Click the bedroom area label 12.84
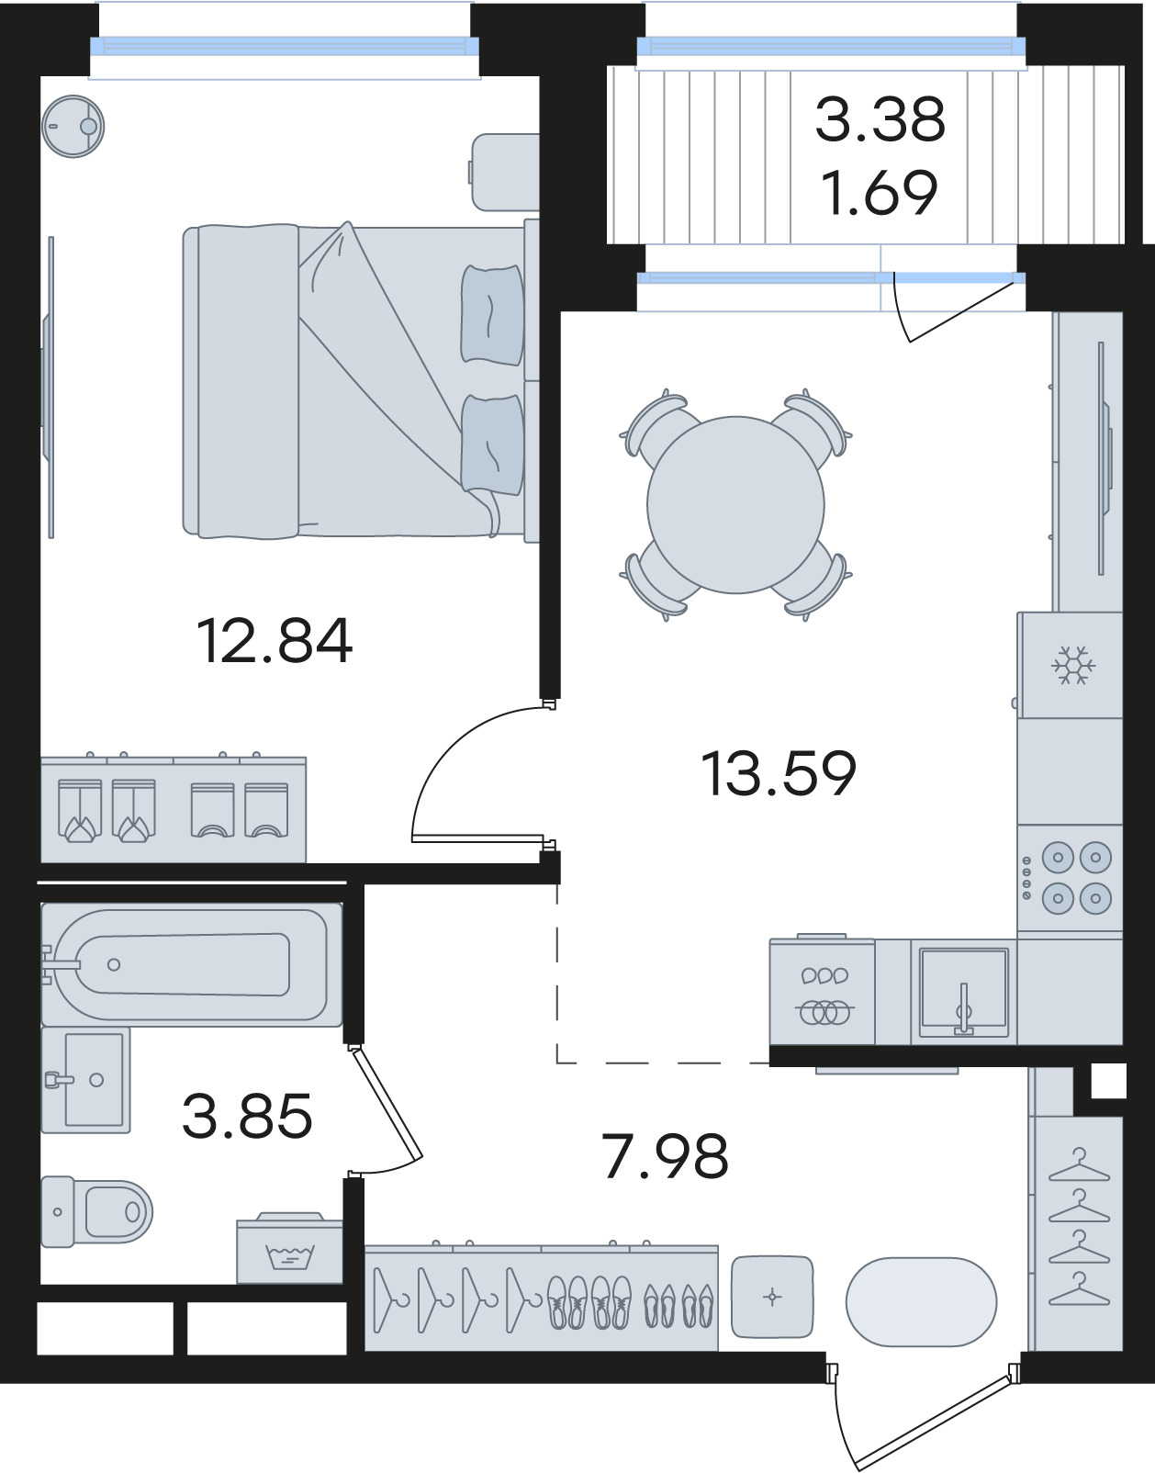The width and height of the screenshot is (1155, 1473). tap(275, 641)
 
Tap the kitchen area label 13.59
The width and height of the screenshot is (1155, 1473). tap(779, 773)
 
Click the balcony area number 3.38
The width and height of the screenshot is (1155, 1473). tap(880, 119)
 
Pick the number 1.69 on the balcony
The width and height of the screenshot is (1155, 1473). tap(880, 193)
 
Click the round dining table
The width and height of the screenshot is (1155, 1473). tap(735, 505)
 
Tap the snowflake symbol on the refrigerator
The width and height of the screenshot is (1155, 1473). tap(1073, 665)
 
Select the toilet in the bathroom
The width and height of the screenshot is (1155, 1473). tap(97, 1212)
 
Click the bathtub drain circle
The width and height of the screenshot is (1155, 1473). tap(114, 964)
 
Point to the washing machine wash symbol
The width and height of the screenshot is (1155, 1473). tap(289, 1257)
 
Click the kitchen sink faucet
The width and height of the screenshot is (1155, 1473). tap(963, 1010)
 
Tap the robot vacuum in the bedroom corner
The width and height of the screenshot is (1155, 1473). tap(73, 126)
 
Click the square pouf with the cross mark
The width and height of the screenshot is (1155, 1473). tap(772, 1298)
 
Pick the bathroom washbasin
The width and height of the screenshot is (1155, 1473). tap(86, 1080)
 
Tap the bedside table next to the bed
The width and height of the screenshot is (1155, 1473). tap(505, 172)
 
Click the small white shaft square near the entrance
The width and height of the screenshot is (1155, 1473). tap(1108, 1081)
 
